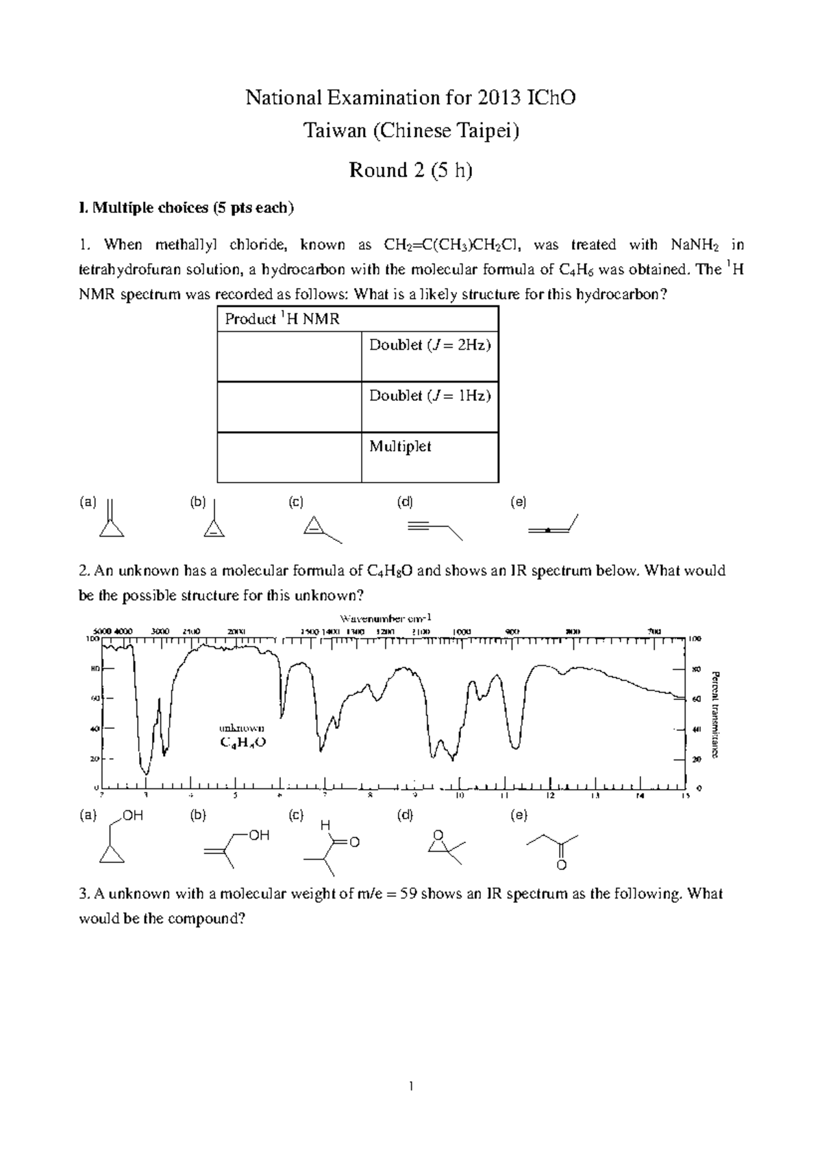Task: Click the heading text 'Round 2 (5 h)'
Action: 410,170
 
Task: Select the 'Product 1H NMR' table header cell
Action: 282,319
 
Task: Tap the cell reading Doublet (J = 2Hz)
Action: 429,346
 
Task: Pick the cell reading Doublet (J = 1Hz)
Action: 429,396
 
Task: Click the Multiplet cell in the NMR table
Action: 400,446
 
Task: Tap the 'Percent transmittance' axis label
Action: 715,714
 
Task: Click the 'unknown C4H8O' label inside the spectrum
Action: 241,735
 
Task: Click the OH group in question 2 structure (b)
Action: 259,836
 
